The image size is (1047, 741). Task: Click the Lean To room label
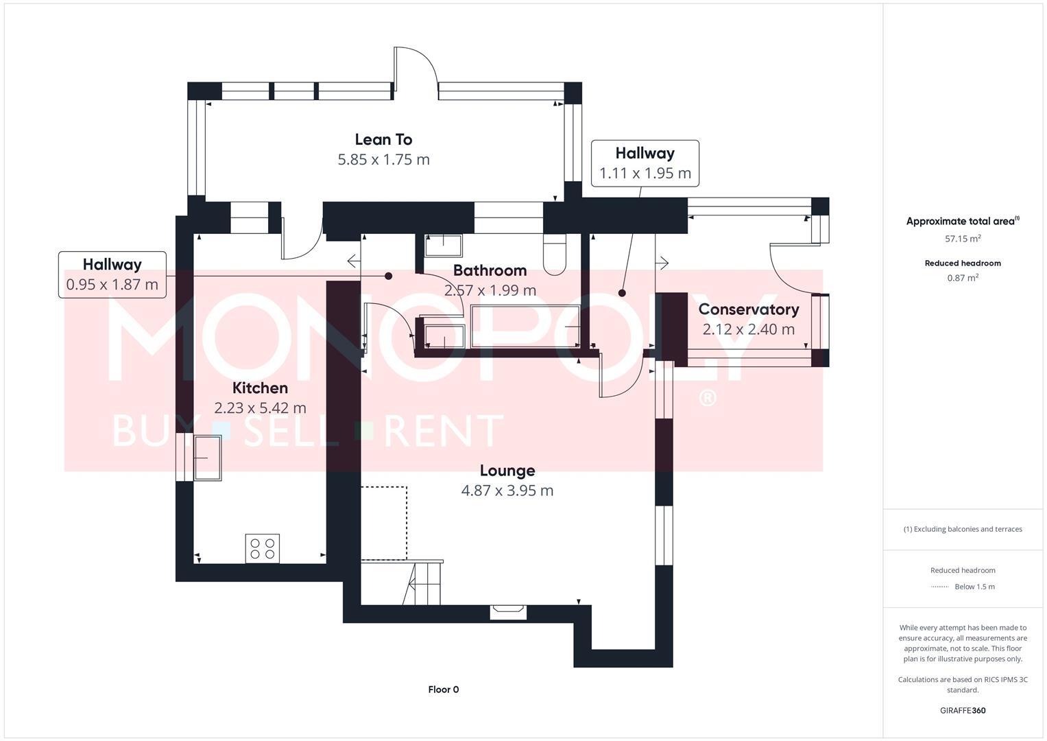383,139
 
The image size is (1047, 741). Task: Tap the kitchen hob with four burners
263,548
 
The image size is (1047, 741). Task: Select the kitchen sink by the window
208,458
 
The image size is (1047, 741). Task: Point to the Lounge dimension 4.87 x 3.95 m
507,491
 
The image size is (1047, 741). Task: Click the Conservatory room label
748,309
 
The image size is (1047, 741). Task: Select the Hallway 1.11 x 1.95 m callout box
645,163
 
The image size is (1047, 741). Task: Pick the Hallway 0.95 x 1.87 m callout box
112,274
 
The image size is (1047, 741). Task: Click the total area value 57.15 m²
962,239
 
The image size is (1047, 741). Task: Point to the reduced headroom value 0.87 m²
962,278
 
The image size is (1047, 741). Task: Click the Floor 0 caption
443,690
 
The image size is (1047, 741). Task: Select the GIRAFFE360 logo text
962,710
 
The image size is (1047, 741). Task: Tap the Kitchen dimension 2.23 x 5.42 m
260,408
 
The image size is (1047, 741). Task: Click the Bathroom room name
490,270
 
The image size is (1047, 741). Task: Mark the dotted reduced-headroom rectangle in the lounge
384,523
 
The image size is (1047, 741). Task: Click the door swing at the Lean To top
416,69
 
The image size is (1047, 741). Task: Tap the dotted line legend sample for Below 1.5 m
939,587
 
